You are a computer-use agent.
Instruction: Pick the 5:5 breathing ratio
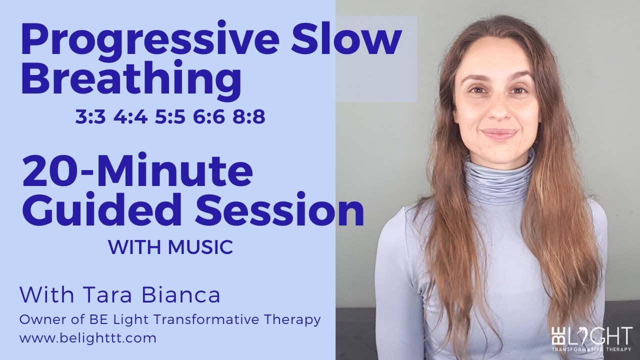(167, 118)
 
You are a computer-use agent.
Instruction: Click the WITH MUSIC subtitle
(170, 247)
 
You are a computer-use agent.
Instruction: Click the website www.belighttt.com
(88, 338)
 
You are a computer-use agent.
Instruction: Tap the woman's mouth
(497, 134)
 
